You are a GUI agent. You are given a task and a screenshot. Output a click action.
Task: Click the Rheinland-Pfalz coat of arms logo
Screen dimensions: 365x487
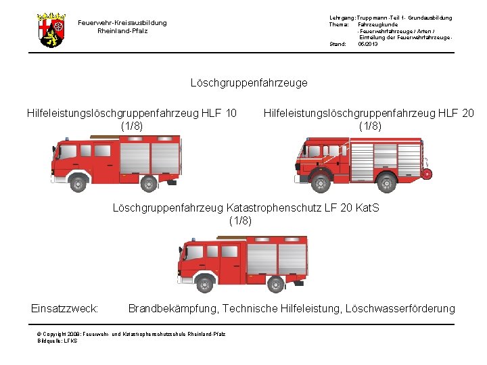point(51,30)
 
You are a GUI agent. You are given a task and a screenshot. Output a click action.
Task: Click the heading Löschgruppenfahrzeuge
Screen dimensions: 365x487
point(249,82)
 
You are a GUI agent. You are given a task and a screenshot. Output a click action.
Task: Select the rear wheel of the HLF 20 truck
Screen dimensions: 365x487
point(386,181)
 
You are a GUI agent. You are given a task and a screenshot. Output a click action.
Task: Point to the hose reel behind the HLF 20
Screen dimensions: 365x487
point(427,174)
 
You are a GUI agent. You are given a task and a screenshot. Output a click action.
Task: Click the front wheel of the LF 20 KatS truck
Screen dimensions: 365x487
point(206,282)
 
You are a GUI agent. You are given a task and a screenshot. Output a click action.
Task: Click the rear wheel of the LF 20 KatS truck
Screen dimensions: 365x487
point(275,283)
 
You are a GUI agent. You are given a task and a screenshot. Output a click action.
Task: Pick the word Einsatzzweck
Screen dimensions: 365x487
point(65,309)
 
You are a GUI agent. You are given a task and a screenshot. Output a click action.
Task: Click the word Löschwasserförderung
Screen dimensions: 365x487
point(400,309)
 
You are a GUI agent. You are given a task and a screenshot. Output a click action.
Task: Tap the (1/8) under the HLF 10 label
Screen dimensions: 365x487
point(131,125)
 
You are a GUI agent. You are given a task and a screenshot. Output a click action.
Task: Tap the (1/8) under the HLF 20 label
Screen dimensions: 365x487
point(370,125)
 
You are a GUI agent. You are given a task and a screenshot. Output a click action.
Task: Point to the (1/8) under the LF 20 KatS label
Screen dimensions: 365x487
point(241,220)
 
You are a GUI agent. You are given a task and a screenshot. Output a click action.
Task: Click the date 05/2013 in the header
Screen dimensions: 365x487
point(368,44)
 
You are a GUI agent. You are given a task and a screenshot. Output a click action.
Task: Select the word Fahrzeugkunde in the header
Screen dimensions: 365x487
point(377,24)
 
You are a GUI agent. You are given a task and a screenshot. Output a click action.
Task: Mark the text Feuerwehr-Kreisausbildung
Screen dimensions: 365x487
point(122,23)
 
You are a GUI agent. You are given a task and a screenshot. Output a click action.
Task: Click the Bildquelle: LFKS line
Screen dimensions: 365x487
point(57,341)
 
